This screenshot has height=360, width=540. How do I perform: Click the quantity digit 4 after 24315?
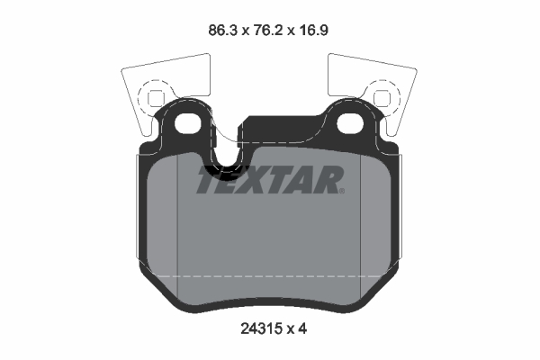(304, 329)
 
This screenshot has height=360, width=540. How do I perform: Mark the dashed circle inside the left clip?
(155, 95)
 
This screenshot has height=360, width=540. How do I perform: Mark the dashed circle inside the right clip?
(382, 95)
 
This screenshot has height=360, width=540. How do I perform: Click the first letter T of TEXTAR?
(209, 181)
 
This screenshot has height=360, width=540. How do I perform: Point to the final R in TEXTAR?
(328, 181)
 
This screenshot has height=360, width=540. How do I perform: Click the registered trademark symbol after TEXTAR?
(343, 191)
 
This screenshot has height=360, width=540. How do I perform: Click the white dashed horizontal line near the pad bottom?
(270, 275)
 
